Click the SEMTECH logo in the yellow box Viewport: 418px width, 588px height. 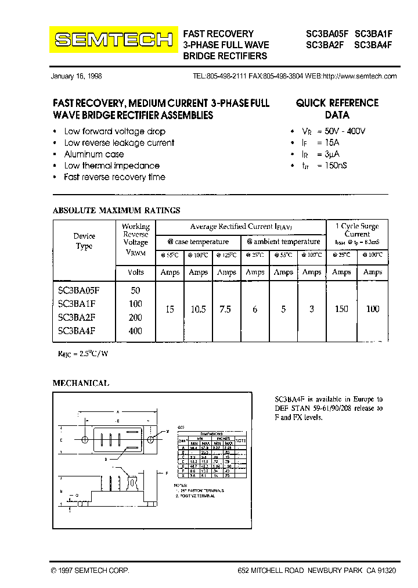(x=113, y=40)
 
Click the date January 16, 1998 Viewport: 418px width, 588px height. (x=76, y=76)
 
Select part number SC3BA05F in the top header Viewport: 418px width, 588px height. (x=327, y=34)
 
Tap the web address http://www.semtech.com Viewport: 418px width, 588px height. (x=359, y=76)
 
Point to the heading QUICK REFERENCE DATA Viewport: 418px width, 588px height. (x=337, y=109)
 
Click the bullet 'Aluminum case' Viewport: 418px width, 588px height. (x=93, y=154)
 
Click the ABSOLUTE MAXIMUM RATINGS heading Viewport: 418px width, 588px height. (x=116, y=210)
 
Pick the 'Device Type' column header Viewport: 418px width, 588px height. (x=85, y=241)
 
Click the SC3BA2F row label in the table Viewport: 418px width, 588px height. (x=77, y=317)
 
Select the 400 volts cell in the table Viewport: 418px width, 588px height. (x=135, y=331)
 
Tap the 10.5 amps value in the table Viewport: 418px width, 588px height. (x=199, y=309)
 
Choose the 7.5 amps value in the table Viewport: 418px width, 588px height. (x=225, y=309)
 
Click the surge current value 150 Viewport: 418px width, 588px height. (x=341, y=309)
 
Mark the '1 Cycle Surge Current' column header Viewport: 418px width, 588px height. (x=356, y=230)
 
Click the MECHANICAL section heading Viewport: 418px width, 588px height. (x=81, y=383)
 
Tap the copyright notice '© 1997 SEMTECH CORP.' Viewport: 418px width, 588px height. (x=90, y=571)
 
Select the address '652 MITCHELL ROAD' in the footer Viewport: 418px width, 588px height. (x=271, y=571)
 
